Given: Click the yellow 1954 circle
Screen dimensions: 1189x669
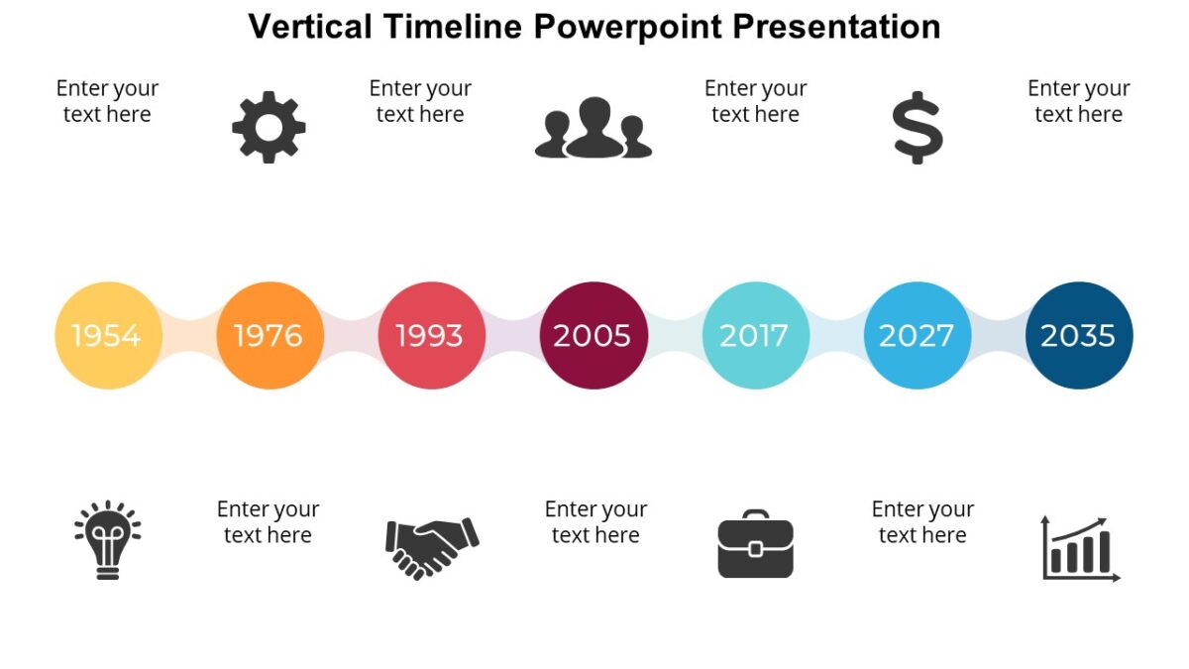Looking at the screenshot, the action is tap(108, 336).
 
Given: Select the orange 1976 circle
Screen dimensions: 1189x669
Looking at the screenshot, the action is tap(270, 336).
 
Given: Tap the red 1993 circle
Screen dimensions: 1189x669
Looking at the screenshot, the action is tap(432, 336).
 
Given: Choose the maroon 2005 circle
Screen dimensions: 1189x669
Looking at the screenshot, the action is tap(594, 336).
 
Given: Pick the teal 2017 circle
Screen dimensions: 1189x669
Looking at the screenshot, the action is tap(756, 336).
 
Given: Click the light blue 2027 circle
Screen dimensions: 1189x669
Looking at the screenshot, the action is tap(918, 336).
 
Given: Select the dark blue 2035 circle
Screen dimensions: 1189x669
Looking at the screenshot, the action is tap(1079, 336).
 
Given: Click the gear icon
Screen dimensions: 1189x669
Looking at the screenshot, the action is tap(269, 128).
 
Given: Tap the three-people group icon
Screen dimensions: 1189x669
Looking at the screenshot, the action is tap(594, 128).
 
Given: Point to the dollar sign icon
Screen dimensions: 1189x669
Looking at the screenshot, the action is tap(918, 128).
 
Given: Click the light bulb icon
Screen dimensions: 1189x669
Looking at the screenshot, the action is tap(108, 539).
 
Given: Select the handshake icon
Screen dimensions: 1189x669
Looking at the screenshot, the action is tap(432, 549).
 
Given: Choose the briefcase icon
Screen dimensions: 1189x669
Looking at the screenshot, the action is tap(756, 544).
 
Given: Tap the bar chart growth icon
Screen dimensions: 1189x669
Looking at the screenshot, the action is tap(1081, 549).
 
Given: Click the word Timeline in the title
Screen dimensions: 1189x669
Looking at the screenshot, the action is tap(453, 27).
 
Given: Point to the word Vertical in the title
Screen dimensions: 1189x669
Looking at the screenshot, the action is tap(310, 27).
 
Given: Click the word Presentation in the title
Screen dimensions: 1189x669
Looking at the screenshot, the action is tap(836, 27).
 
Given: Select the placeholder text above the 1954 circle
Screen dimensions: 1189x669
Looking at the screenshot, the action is tap(107, 101).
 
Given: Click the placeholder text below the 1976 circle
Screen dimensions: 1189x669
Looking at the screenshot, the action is tap(269, 522).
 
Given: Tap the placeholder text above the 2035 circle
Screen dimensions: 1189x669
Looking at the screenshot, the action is tap(1079, 101).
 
